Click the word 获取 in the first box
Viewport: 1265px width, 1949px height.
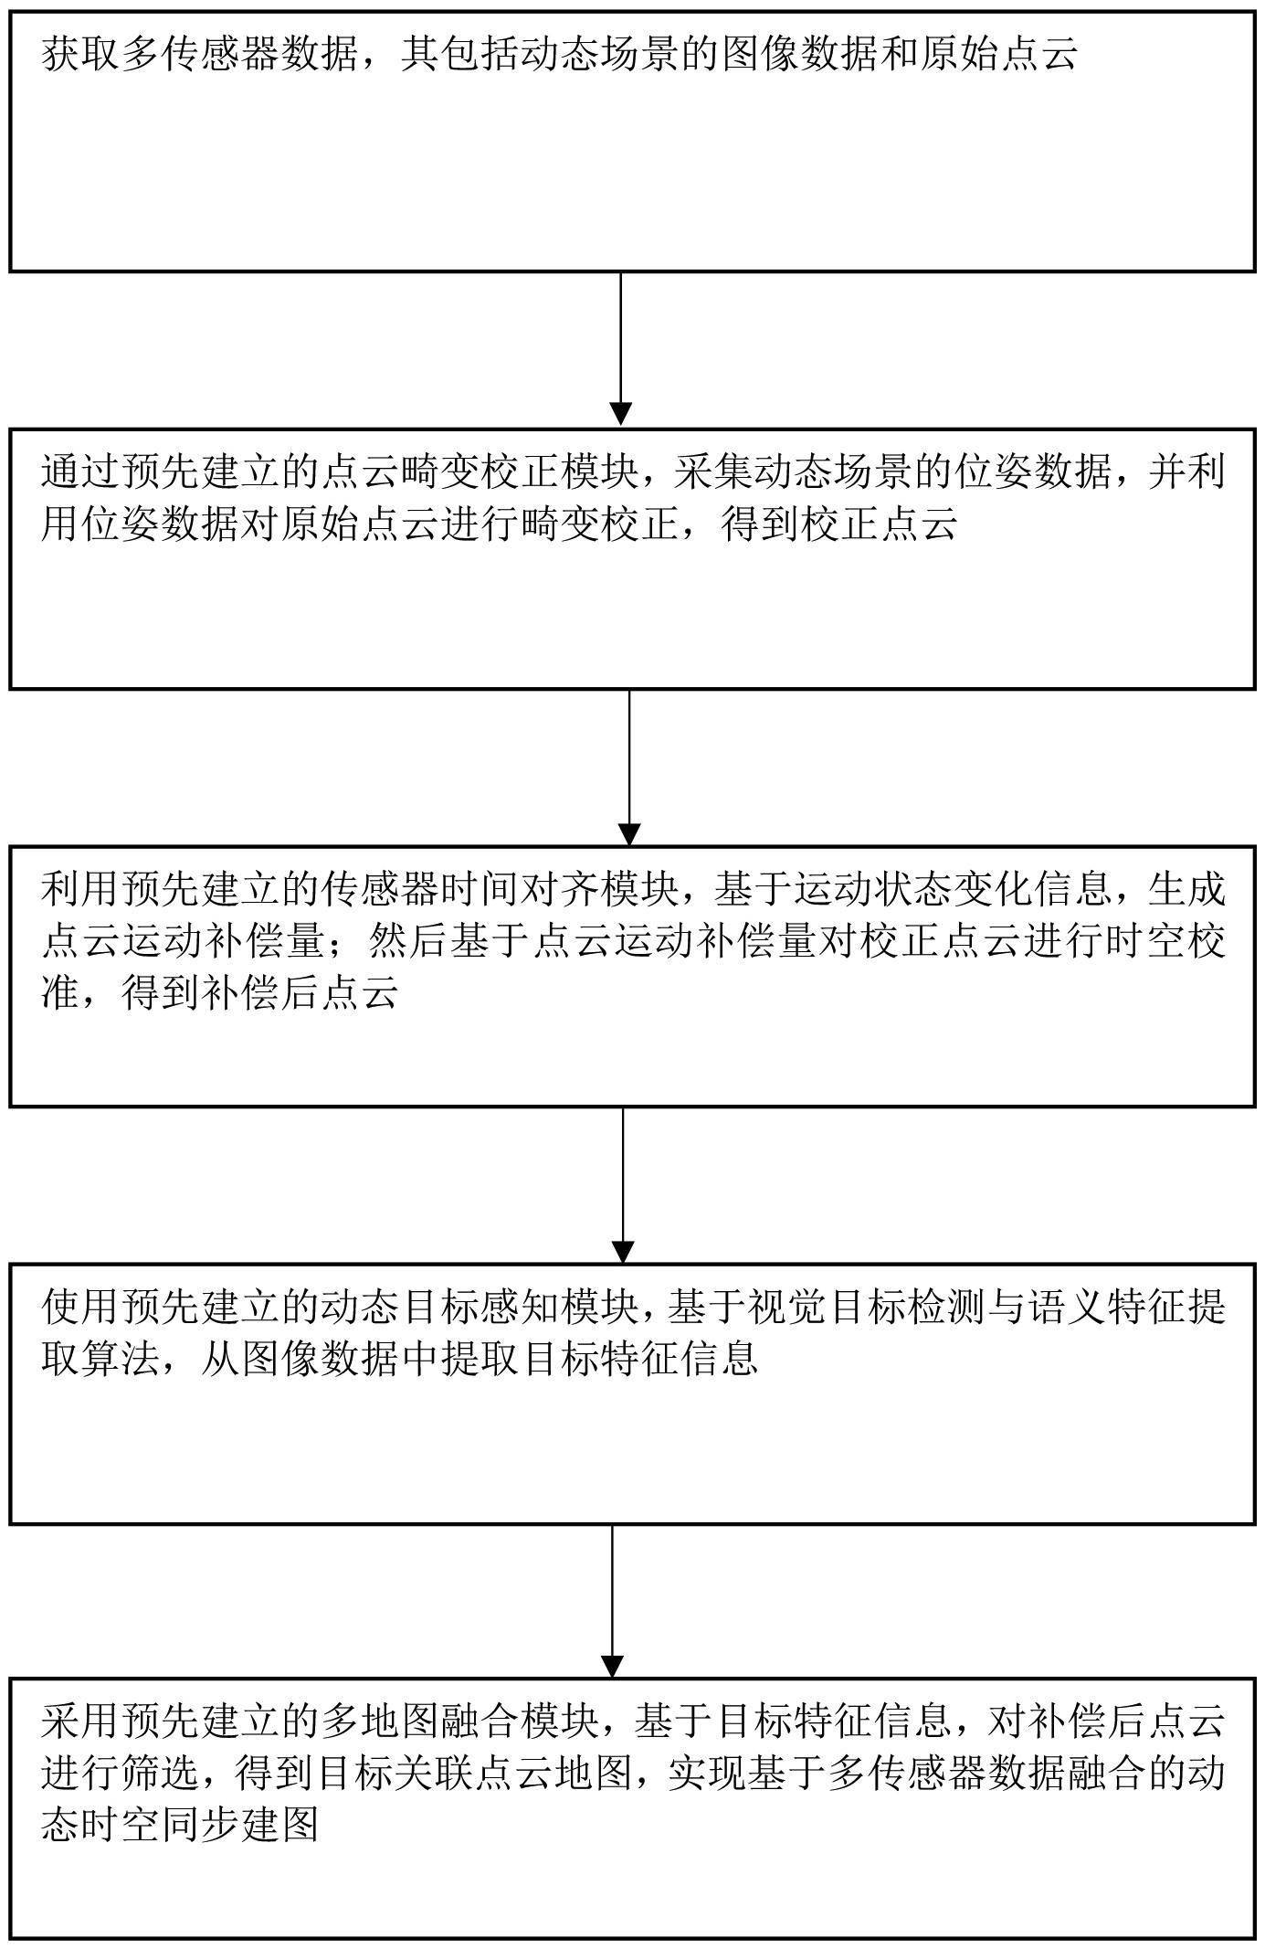[x=80, y=54]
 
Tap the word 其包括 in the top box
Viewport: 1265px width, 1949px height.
[x=459, y=54]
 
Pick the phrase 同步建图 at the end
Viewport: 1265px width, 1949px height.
[x=239, y=1827]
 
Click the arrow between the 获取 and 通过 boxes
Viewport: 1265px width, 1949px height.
[x=621, y=348]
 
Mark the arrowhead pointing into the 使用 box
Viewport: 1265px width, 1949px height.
[x=623, y=1253]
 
